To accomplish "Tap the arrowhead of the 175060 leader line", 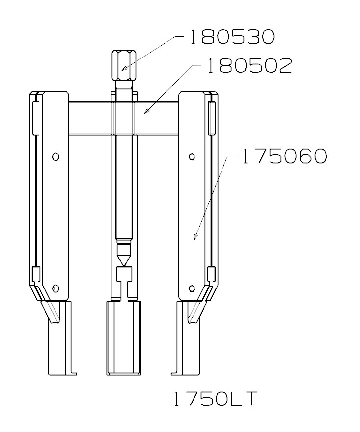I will (x=194, y=238).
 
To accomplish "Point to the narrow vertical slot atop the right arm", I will (x=211, y=118).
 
